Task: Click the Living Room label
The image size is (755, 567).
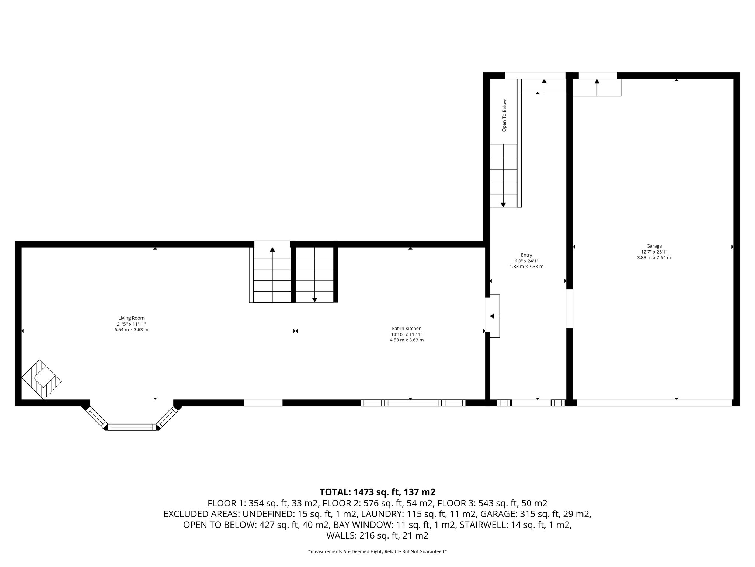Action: [x=131, y=318]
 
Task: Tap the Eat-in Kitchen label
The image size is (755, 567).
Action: [x=406, y=328]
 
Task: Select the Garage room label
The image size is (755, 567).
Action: [x=654, y=246]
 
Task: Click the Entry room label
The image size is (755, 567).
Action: [x=526, y=255]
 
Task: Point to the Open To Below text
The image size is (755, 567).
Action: [x=504, y=115]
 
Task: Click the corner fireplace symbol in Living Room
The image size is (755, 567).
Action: [x=41, y=379]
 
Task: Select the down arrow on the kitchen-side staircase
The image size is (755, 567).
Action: [x=314, y=299]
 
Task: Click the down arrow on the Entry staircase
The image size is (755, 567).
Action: [x=503, y=204]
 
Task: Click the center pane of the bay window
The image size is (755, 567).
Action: [x=132, y=427]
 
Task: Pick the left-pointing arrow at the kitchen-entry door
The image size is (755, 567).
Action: [x=492, y=316]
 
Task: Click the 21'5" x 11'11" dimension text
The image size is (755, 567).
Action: [x=131, y=324]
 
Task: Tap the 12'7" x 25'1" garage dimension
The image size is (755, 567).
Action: [x=654, y=252]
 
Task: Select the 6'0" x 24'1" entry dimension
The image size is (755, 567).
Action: [x=526, y=261]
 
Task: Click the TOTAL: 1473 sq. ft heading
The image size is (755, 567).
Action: [x=377, y=492]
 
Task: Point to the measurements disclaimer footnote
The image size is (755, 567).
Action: [x=377, y=552]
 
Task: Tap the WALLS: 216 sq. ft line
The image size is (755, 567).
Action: [x=377, y=536]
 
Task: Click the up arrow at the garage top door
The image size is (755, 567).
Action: [x=597, y=82]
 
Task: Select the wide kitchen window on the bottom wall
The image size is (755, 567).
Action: [x=413, y=403]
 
